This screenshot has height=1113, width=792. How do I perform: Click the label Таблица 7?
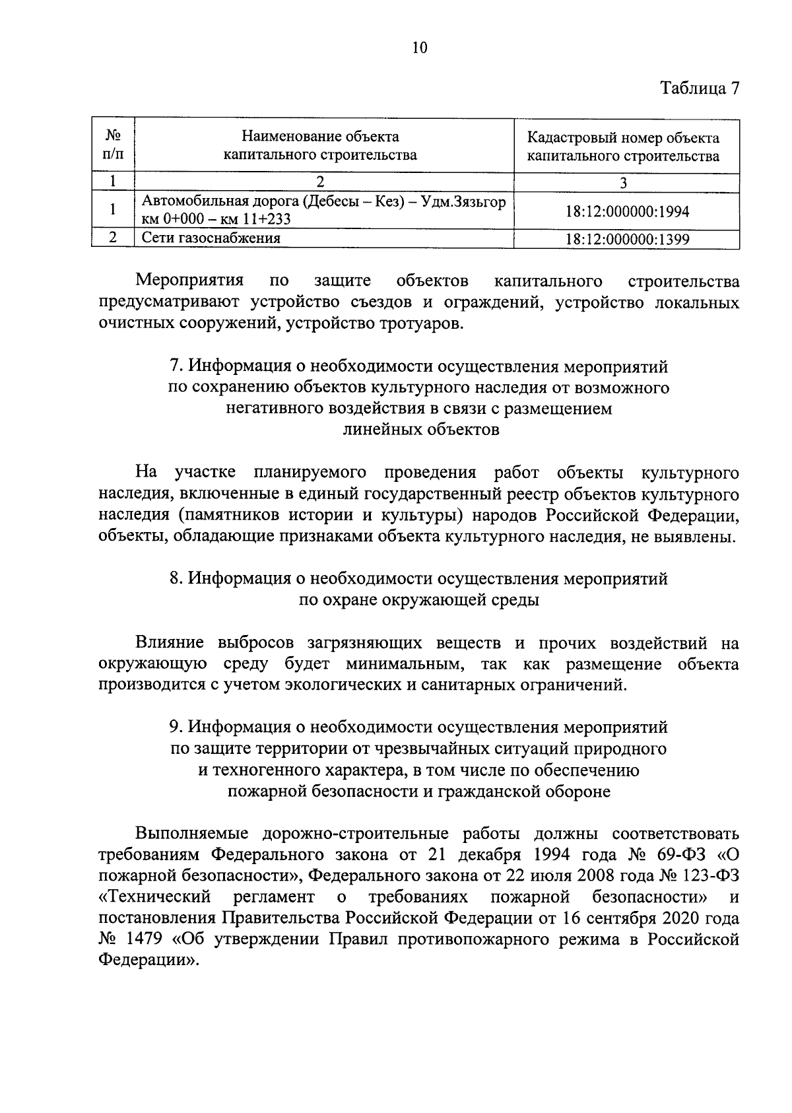[x=700, y=89]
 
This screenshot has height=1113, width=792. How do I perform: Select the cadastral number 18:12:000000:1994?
[x=627, y=211]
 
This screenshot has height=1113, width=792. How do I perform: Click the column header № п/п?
[x=113, y=146]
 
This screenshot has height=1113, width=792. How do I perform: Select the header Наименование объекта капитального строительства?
[x=320, y=146]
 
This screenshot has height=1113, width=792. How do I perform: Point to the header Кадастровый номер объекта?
[x=623, y=138]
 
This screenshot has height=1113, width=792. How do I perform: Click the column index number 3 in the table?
[x=624, y=183]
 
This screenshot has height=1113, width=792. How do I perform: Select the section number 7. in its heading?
[x=175, y=366]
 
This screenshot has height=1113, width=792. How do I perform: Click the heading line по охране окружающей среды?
[x=419, y=601]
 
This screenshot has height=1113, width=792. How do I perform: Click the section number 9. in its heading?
[x=175, y=727]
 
